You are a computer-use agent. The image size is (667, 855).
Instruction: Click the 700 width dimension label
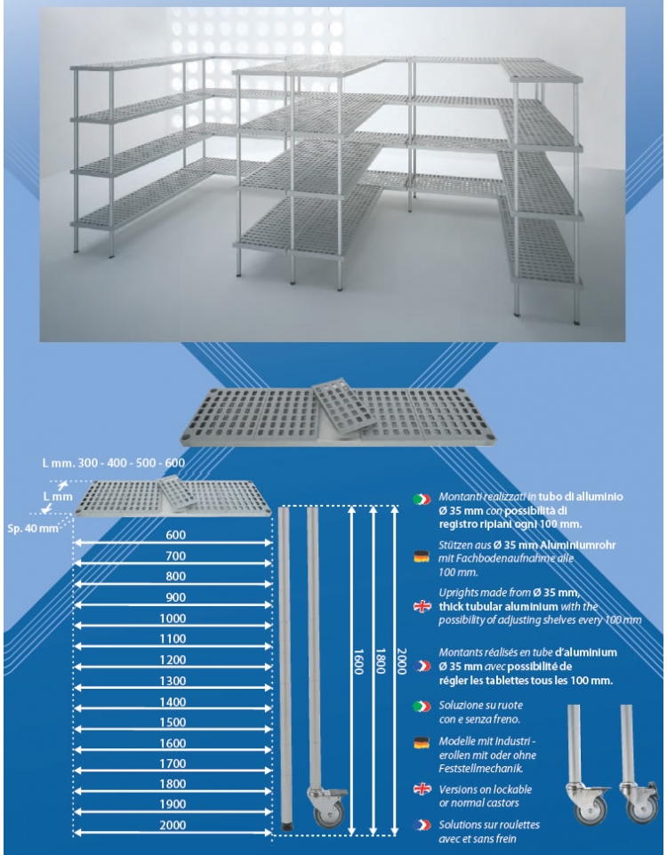(176, 556)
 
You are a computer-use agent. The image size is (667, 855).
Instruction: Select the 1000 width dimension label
(173, 619)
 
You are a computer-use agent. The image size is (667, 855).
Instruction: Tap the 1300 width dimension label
(173, 681)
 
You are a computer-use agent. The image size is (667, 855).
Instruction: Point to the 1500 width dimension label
(173, 723)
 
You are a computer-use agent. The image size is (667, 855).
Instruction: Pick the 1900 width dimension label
(173, 804)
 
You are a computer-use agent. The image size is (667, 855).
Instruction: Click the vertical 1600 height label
(358, 661)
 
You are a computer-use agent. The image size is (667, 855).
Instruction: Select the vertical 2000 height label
(402, 661)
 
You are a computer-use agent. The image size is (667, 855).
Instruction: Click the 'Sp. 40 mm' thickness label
(33, 529)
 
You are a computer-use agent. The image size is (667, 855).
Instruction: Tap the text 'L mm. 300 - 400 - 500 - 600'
(114, 463)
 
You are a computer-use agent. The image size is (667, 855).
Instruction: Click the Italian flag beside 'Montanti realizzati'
(422, 499)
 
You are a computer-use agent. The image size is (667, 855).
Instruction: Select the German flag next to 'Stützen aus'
(422, 556)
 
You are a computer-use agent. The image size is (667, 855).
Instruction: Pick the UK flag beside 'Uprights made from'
(422, 606)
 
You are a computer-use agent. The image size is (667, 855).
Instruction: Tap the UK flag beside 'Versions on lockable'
(422, 789)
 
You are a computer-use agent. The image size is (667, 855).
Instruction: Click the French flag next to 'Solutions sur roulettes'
(422, 825)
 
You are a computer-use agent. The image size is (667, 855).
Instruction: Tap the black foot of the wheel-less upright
(285, 827)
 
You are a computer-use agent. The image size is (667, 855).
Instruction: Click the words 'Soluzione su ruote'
(481, 706)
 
